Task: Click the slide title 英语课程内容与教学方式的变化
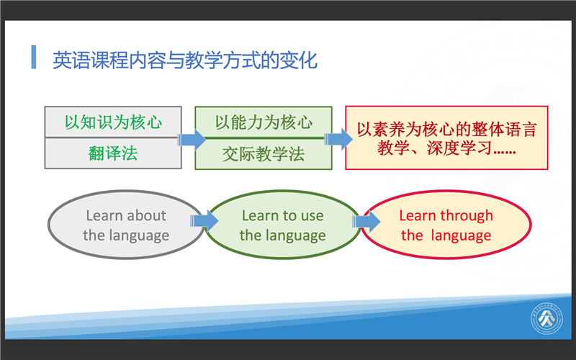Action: [185, 60]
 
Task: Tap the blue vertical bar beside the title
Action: [34, 57]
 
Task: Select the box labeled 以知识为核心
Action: [113, 122]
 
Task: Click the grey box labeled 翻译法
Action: [113, 153]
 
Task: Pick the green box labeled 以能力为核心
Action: [264, 122]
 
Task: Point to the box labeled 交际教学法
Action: [264, 154]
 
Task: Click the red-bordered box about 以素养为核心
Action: [446, 138]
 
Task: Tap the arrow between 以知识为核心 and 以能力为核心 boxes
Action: [192, 140]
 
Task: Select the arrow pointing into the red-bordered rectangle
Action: [338, 139]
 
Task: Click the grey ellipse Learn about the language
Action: [126, 225]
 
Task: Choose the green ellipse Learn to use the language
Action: [282, 225]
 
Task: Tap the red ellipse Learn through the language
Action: [446, 225]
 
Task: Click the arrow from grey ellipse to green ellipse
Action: [204, 221]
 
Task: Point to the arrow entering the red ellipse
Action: [366, 221]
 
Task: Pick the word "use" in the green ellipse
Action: [312, 216]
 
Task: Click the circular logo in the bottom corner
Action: [546, 318]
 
